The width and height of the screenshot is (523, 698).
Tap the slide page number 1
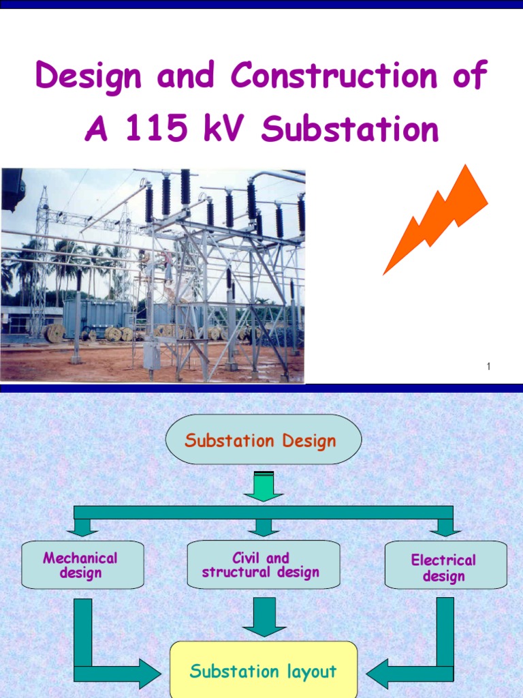(488, 367)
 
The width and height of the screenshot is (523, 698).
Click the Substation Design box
(263, 440)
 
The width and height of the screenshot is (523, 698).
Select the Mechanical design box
(82, 565)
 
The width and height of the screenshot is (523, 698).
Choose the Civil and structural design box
(263, 565)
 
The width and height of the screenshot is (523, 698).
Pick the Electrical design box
(445, 567)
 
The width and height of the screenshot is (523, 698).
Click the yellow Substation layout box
(263, 671)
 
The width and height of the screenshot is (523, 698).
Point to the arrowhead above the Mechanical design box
(82, 527)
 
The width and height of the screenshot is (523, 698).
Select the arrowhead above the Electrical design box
(445, 527)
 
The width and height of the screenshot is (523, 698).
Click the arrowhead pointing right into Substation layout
(148, 673)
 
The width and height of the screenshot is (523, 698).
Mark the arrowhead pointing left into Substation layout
(379, 673)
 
